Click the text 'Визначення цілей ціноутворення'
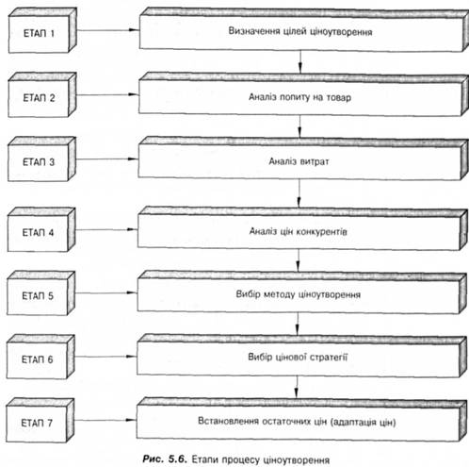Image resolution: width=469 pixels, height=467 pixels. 300,31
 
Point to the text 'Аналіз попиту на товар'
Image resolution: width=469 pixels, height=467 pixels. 299,97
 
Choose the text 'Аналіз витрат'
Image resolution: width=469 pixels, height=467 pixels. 299,161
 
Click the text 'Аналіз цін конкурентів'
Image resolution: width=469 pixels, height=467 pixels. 299,231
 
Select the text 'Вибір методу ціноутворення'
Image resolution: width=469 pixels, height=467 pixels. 299,294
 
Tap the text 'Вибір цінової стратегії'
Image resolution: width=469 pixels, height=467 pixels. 298,358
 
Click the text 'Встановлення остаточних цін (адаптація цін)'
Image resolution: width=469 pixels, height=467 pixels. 297,422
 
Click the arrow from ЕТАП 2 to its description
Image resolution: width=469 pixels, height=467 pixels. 107,94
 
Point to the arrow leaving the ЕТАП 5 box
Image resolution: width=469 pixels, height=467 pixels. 106,292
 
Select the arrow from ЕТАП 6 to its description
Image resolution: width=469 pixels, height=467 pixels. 105,357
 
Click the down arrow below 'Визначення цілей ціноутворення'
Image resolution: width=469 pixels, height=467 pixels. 300,62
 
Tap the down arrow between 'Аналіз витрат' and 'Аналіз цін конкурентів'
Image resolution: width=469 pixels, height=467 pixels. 299,193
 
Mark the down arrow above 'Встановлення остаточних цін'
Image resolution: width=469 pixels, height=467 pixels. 297,388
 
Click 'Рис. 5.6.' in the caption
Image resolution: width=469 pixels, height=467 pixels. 165,459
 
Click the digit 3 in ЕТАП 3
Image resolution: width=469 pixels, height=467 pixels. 52,162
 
